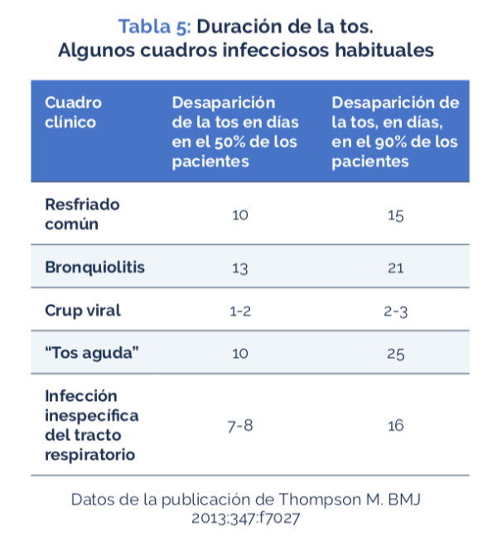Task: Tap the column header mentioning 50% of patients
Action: click(x=234, y=132)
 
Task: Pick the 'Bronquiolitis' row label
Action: click(x=94, y=267)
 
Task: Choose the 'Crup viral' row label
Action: click(x=83, y=311)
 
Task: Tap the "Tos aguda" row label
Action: click(x=91, y=354)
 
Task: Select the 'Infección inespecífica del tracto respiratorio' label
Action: click(x=91, y=425)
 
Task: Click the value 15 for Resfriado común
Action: click(x=395, y=216)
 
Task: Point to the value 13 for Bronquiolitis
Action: click(x=239, y=268)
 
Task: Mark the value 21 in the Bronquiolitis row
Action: click(x=395, y=268)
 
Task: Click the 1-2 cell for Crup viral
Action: click(x=239, y=312)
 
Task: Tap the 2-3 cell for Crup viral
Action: click(x=395, y=312)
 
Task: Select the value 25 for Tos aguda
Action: click(x=395, y=355)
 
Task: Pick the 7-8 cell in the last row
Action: click(x=239, y=426)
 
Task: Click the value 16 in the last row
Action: click(x=395, y=426)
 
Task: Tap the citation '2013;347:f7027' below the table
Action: click(x=248, y=519)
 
